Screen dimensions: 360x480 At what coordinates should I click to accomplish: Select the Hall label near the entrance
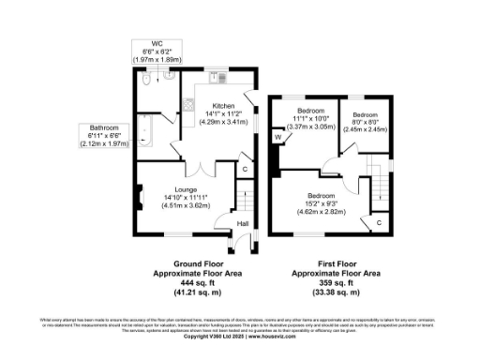pyautogui.click(x=242, y=224)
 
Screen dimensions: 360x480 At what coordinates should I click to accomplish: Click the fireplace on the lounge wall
pyautogui.click(x=140, y=198)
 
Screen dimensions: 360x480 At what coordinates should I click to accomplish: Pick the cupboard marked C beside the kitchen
pyautogui.click(x=246, y=169)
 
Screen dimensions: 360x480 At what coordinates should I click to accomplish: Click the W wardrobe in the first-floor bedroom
pyautogui.click(x=278, y=139)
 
